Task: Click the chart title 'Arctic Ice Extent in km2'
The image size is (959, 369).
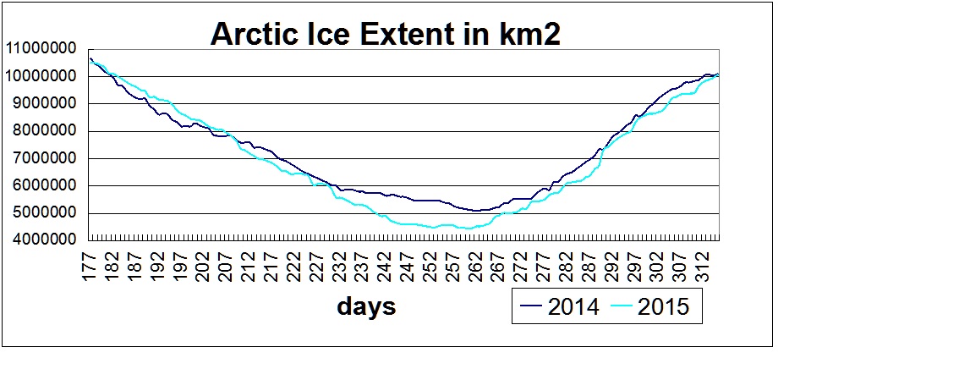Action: (x=386, y=34)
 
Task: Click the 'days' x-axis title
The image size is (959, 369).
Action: (x=366, y=306)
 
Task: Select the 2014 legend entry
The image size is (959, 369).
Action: (x=573, y=306)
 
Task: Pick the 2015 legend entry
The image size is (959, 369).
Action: (x=664, y=306)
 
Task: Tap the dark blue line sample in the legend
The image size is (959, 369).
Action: (x=531, y=306)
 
